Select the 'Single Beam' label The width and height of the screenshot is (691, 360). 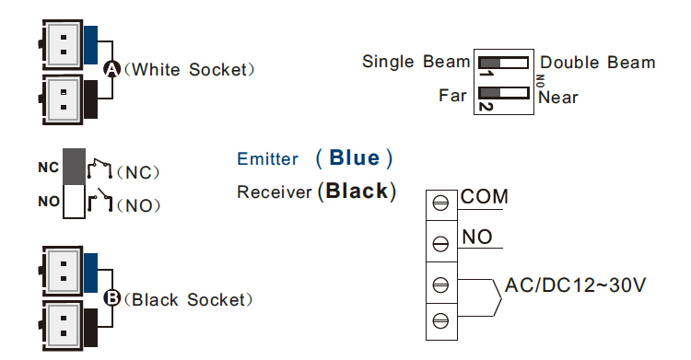pos(416,62)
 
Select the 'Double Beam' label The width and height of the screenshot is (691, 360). pos(597,63)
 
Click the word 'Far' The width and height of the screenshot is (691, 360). pos(452,95)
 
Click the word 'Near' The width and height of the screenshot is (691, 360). pos(558,96)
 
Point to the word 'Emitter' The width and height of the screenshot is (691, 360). pos(267,159)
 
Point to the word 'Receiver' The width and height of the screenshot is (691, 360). pos(275,192)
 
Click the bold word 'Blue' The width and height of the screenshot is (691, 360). pos(354,157)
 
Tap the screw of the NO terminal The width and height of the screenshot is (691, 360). pos(440,242)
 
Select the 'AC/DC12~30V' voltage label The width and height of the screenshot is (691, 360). pos(575,285)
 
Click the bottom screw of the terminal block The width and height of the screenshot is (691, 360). pos(440,319)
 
